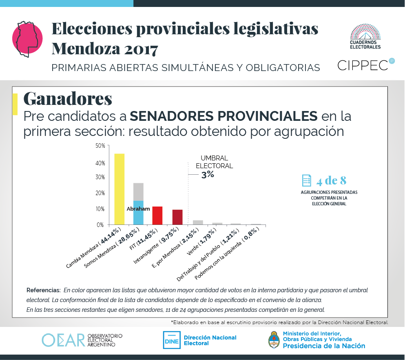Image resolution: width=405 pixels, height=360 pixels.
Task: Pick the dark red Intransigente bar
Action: coord(177,217)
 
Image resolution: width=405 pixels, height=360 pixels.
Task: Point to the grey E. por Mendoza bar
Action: coord(198,222)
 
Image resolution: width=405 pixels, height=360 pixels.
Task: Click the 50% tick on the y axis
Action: coord(100,146)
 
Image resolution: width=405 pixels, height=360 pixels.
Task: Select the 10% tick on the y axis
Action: coord(100,209)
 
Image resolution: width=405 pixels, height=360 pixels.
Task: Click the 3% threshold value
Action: coord(207,175)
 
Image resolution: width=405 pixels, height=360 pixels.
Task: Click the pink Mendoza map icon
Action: coord(28,37)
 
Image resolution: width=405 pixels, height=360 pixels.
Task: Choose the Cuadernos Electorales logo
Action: coord(365,36)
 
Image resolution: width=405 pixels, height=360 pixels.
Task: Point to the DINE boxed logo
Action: coord(171,340)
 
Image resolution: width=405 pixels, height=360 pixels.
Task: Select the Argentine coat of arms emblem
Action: coord(274,340)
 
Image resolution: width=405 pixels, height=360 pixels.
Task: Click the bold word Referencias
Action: coord(43,290)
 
